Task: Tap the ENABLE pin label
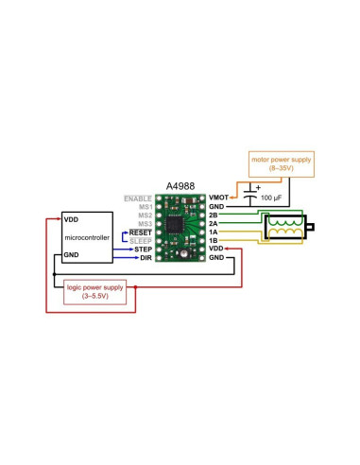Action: (139, 198)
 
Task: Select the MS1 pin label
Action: (145, 206)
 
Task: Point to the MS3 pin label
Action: (145, 223)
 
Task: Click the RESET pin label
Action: (141, 232)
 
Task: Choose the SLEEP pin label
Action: (141, 240)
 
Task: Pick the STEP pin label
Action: (144, 249)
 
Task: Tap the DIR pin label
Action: (146, 257)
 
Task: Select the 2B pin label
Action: (214, 215)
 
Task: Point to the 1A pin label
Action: (214, 232)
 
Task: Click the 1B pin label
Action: (214, 240)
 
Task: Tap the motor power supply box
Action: (281, 165)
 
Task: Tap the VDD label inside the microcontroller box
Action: (71, 218)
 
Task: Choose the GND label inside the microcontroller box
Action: (71, 256)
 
